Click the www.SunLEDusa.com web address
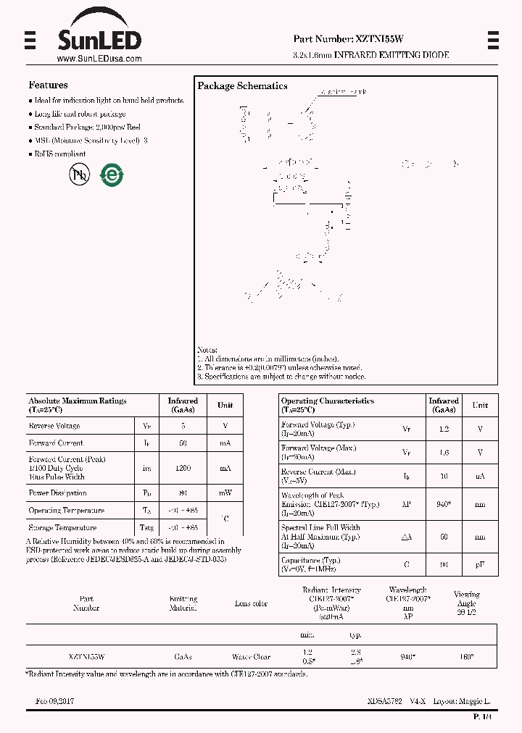click(x=99, y=59)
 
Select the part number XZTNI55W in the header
click(x=380, y=39)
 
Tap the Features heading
click(x=48, y=85)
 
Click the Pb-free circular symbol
click(x=79, y=175)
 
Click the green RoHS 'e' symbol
click(x=112, y=175)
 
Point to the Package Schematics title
click(x=242, y=85)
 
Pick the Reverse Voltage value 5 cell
click(x=183, y=426)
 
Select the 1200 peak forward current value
click(x=183, y=469)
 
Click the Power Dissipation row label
click(x=57, y=493)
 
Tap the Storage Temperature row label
click(x=62, y=528)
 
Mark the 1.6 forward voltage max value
click(x=444, y=453)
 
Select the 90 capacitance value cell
click(x=444, y=564)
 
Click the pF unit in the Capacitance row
click(x=480, y=564)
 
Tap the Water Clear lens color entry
click(x=251, y=657)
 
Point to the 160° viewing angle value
click(x=466, y=657)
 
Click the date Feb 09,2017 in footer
click(x=54, y=702)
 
